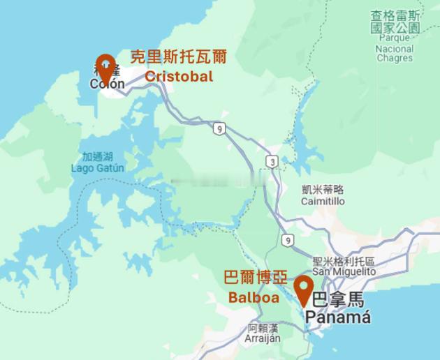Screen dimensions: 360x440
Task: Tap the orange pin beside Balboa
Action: click(303, 289)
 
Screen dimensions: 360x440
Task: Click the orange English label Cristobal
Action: click(179, 77)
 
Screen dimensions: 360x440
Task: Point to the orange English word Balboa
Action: click(254, 298)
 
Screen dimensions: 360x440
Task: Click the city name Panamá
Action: click(338, 317)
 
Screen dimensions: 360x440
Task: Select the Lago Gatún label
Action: click(98, 168)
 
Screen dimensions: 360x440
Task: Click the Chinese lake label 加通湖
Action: click(97, 157)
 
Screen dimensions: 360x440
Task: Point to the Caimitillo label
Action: click(323, 201)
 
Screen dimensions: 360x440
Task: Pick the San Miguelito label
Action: click(344, 271)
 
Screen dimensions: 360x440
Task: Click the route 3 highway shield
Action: click(271, 162)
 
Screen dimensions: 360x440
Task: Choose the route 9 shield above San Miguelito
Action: click(287, 240)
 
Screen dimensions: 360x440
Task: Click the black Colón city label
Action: click(107, 84)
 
